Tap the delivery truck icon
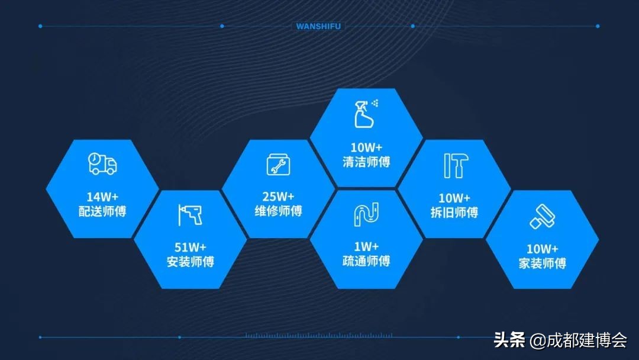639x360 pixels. (x=102, y=163)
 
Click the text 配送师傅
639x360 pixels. (x=102, y=211)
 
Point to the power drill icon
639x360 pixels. (x=190, y=214)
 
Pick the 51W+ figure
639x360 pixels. (x=190, y=247)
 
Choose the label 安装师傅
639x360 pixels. (x=190, y=261)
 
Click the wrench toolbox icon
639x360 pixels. (x=278, y=164)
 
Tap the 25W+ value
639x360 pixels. (x=278, y=197)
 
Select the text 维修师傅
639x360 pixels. (x=278, y=211)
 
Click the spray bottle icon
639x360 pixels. (x=366, y=114)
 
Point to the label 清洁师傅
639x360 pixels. (x=366, y=161)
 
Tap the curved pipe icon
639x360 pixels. (x=366, y=214)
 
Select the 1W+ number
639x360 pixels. (x=366, y=246)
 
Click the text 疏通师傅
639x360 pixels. (x=366, y=261)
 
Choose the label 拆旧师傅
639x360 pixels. (x=454, y=213)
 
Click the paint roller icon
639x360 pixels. (x=542, y=216)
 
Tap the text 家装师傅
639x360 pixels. (x=543, y=263)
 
